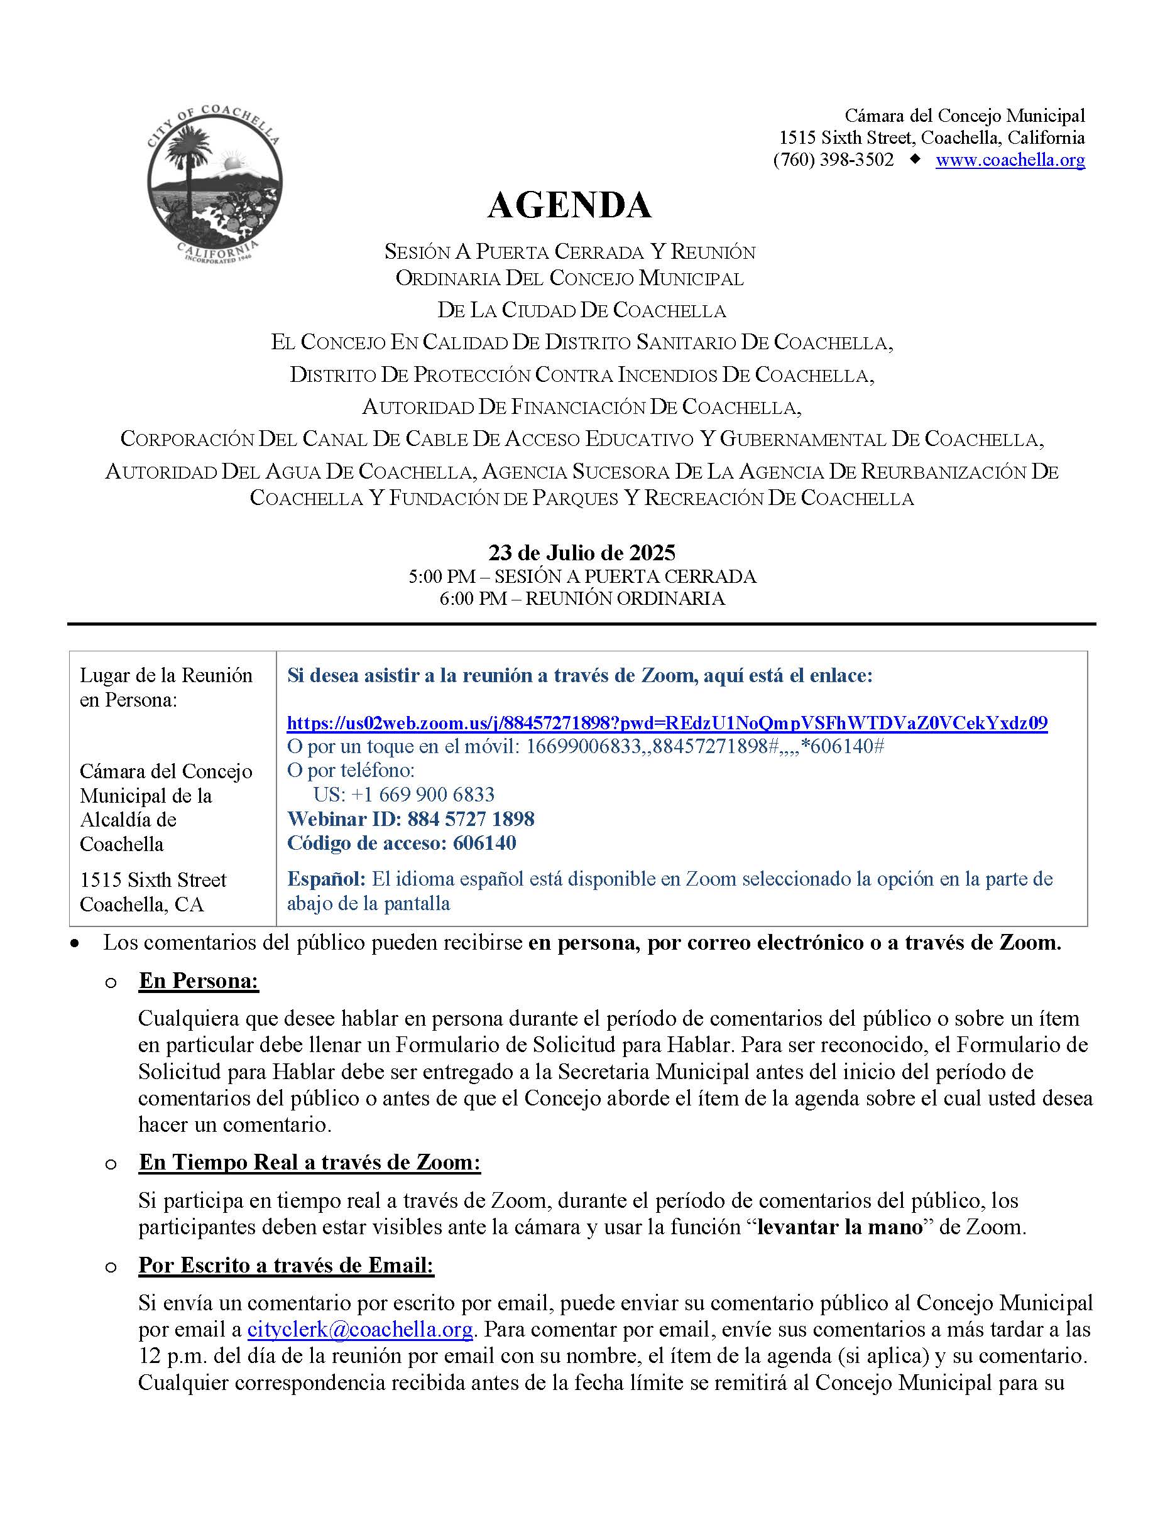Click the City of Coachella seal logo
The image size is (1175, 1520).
point(214,183)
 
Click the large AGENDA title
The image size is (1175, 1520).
point(569,205)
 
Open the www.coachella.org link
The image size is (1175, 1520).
point(1009,160)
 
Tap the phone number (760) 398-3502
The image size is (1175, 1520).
point(833,160)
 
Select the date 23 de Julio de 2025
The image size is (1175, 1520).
point(581,553)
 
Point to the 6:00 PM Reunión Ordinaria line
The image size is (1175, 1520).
point(581,599)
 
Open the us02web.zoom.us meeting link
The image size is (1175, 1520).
point(667,722)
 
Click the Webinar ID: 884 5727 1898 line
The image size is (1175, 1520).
point(411,818)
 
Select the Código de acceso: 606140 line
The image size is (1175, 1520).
point(402,843)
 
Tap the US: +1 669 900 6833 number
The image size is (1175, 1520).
point(404,794)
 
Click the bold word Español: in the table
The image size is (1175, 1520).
point(325,879)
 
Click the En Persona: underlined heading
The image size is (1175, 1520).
point(199,980)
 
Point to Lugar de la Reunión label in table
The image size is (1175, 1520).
point(166,675)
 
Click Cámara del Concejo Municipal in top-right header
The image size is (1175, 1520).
point(964,116)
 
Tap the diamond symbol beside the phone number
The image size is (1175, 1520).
point(914,160)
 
